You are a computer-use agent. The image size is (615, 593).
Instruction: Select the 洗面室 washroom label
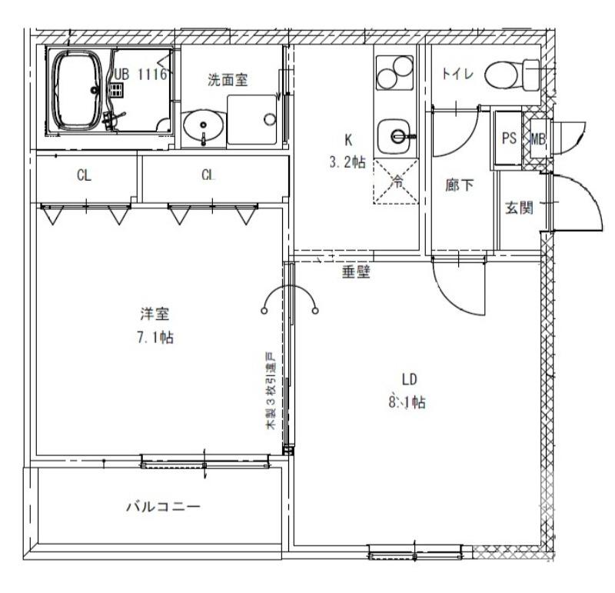coord(228,79)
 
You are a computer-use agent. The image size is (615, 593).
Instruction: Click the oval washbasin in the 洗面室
coord(204,123)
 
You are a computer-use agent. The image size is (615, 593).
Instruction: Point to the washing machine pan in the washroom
coord(254,119)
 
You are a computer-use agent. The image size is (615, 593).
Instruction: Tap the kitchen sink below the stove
coord(397,137)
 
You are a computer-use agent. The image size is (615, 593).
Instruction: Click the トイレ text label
coord(458,74)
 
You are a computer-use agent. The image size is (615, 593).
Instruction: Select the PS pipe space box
coord(509,139)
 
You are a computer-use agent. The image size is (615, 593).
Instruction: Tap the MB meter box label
coord(537,139)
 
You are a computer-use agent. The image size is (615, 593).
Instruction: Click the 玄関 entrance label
coord(519,208)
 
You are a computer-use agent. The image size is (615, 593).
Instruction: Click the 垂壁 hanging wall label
coord(355,272)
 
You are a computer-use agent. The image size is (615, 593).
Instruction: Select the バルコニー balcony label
coord(163,507)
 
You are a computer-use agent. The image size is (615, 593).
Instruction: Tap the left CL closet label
coord(84,175)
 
